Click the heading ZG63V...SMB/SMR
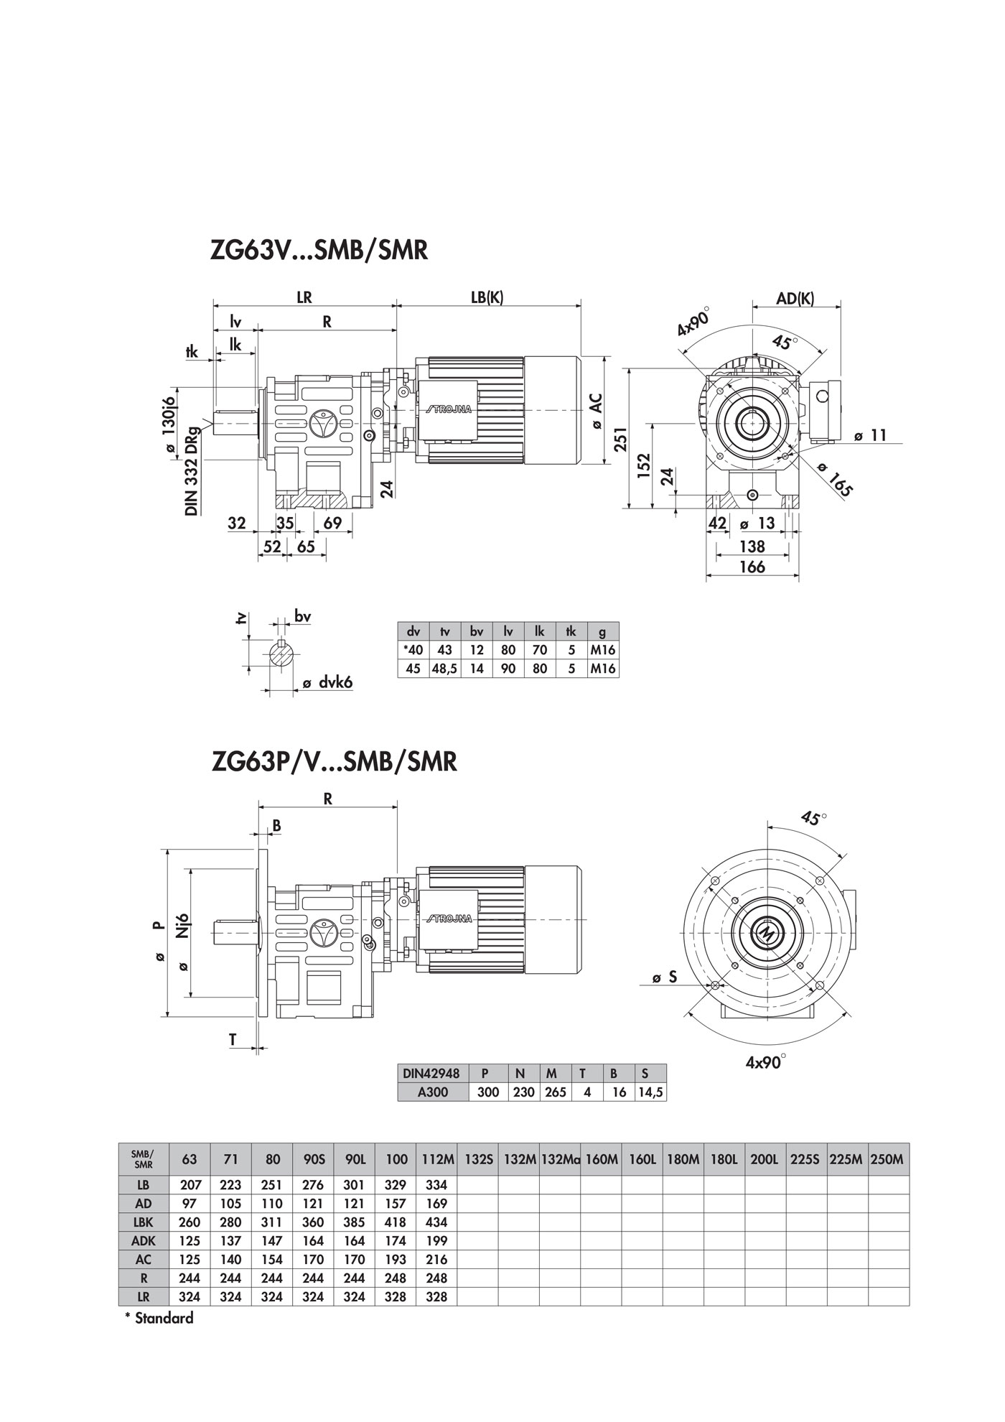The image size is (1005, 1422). pos(319,251)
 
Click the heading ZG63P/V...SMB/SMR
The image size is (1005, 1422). pos(335,761)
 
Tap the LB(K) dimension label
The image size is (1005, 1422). pos(487,297)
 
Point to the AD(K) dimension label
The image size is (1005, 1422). pos(795,298)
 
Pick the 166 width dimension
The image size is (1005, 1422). pos(752,567)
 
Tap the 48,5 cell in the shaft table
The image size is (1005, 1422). pos(445,669)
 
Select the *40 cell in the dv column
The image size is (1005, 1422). pos(413,650)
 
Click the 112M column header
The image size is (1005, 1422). pos(436,1159)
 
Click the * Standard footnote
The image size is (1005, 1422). pos(159,1318)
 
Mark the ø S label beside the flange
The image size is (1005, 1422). pos(665,977)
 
